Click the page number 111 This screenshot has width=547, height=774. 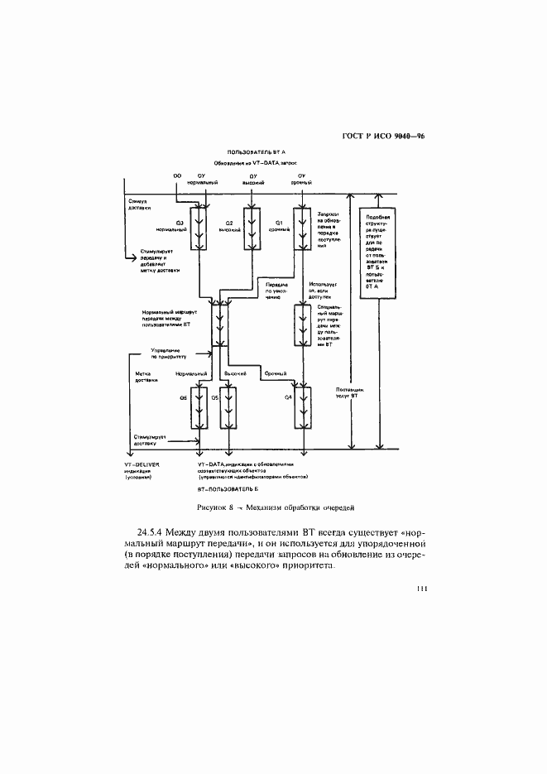[420, 589]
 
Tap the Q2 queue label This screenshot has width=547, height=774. [231, 223]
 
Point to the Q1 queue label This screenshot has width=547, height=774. [280, 223]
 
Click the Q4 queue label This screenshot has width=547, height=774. [287, 400]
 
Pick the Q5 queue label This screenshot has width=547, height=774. [214, 400]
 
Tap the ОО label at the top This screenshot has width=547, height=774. [176, 176]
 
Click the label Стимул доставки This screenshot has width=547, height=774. [138, 204]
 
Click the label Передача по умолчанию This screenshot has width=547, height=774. [275, 291]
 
